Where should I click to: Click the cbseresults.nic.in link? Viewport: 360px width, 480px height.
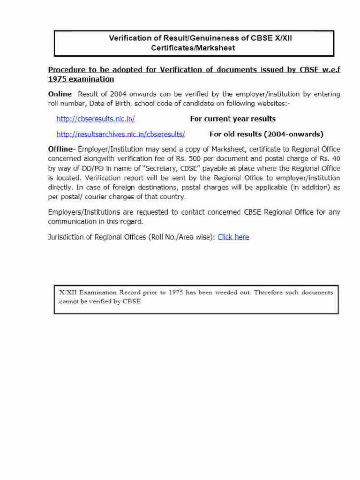pyautogui.click(x=96, y=119)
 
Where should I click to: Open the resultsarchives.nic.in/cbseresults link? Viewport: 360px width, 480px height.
pyautogui.click(x=120, y=134)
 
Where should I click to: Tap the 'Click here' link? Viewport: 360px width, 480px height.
pyautogui.click(x=233, y=237)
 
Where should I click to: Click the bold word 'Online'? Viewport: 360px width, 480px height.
pyautogui.click(x=60, y=94)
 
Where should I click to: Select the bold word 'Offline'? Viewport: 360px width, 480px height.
pyautogui.click(x=61, y=149)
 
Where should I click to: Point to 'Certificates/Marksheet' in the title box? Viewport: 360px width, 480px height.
pyautogui.click(x=193, y=48)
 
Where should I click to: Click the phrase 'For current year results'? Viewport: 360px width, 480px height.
pyautogui.click(x=233, y=119)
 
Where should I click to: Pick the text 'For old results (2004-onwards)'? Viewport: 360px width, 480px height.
pyautogui.click(x=266, y=134)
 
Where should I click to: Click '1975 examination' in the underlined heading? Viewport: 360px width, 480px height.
pyautogui.click(x=81, y=79)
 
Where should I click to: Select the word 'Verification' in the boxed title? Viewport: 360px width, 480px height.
pyautogui.click(x=130, y=38)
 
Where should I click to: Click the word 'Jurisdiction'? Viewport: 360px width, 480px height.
pyautogui.click(x=66, y=237)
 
